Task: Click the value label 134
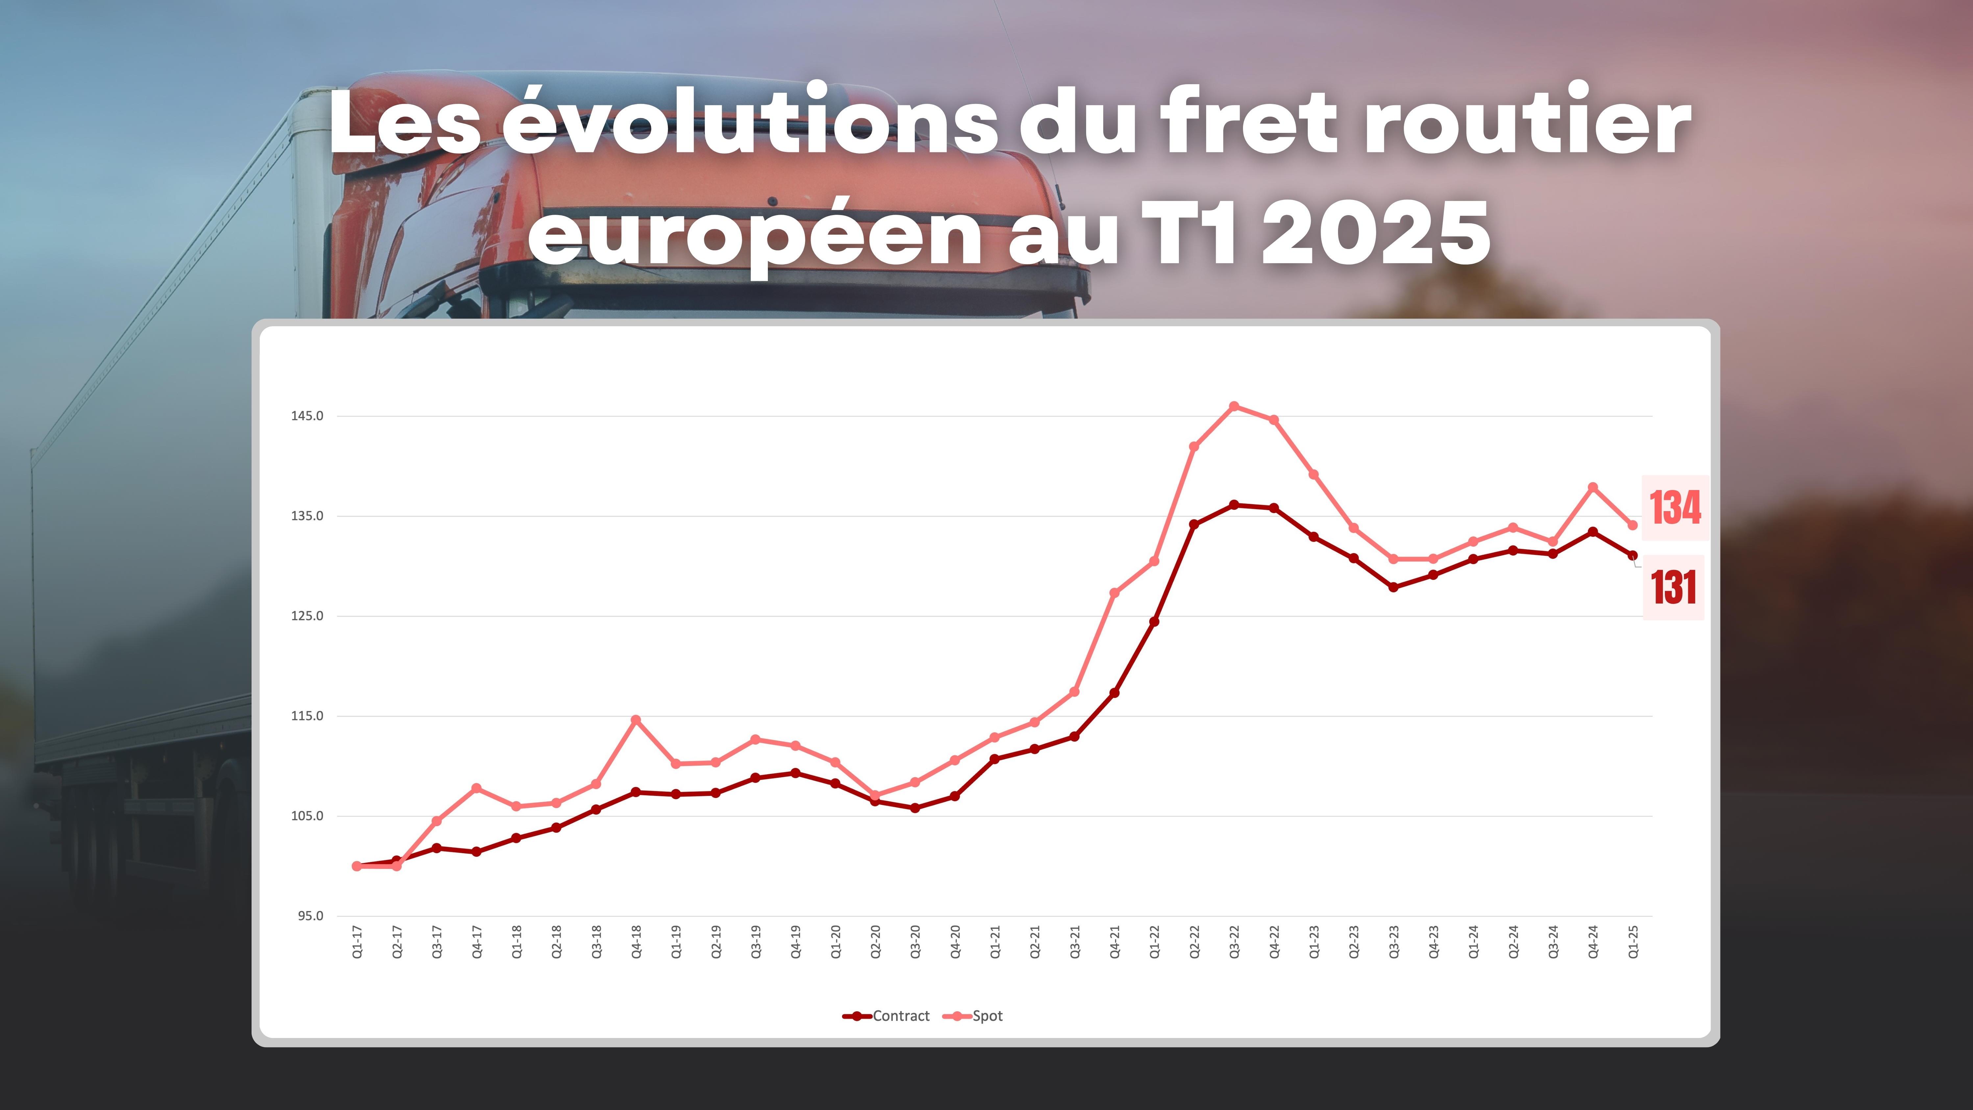pyautogui.click(x=1675, y=508)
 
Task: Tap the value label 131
pyautogui.click(x=1673, y=587)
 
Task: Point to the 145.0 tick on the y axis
pyautogui.click(x=307, y=416)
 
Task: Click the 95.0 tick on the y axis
pyautogui.click(x=310, y=915)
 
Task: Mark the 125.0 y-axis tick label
pyautogui.click(x=307, y=616)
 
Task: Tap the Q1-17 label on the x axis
pyautogui.click(x=357, y=942)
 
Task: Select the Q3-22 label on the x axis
pyautogui.click(x=1234, y=942)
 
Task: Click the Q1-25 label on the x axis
pyautogui.click(x=1633, y=942)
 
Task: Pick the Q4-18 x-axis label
pyautogui.click(x=636, y=942)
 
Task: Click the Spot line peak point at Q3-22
pyautogui.click(x=1234, y=406)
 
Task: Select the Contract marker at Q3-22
pyautogui.click(x=1234, y=505)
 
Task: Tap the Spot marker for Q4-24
pyautogui.click(x=1593, y=487)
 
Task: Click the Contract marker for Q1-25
pyautogui.click(x=1633, y=555)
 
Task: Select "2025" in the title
pyautogui.click(x=1376, y=234)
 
